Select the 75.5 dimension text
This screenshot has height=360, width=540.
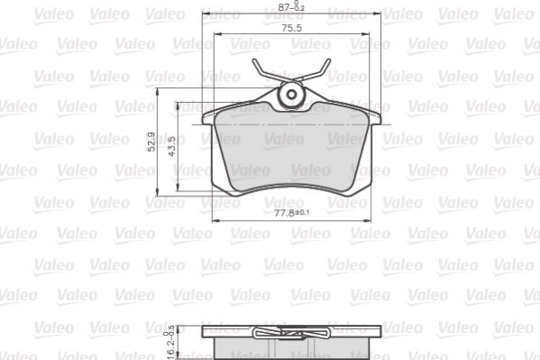click(291, 29)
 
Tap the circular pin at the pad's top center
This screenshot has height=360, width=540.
click(291, 94)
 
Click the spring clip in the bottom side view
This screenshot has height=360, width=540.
click(290, 336)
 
